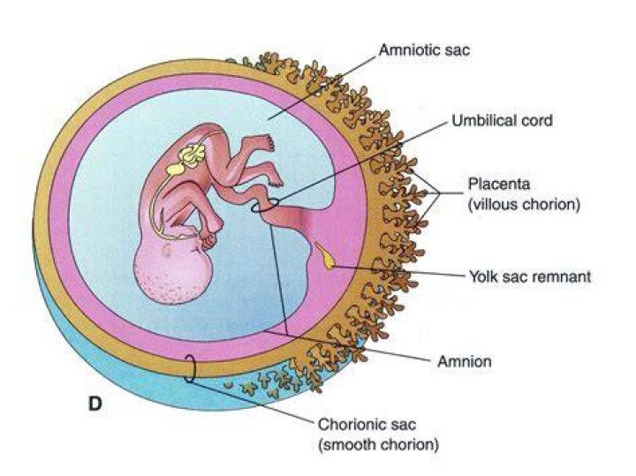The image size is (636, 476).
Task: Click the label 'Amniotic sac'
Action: pos(424,50)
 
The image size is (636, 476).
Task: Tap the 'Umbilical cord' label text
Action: pos(502,120)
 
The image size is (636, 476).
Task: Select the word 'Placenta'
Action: pos(499,184)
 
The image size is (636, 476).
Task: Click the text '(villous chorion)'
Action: pos(524,204)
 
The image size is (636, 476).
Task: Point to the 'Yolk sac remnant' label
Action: pos(530,276)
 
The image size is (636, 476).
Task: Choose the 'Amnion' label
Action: pos(465,361)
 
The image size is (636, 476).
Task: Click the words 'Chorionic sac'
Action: pos(367,425)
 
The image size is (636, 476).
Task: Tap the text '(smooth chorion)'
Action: pos(378,445)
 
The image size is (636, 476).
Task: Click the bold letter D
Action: pos(95,404)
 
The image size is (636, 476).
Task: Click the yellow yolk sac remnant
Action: pos(325,255)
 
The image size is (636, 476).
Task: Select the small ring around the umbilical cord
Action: pos(265,205)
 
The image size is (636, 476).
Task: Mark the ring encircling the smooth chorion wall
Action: pos(190,367)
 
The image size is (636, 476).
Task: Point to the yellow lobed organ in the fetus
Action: pos(193,155)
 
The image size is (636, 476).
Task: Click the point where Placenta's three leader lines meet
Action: pos(440,193)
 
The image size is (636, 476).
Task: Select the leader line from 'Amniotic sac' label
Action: pos(322,88)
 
